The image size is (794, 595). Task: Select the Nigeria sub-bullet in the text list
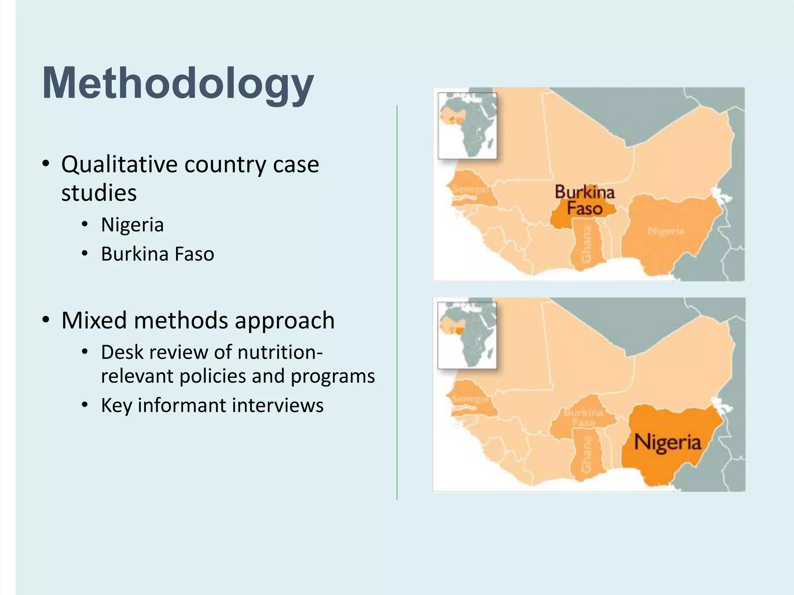click(132, 225)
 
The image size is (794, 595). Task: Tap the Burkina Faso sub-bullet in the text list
click(157, 254)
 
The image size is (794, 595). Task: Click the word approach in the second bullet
click(285, 321)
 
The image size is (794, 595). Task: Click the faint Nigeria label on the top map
click(666, 231)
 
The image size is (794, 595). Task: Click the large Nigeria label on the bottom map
click(667, 442)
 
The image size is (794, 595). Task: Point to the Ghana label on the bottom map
click(586, 455)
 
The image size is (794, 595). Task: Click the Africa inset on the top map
click(467, 126)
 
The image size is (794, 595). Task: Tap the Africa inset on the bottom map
click(467, 335)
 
